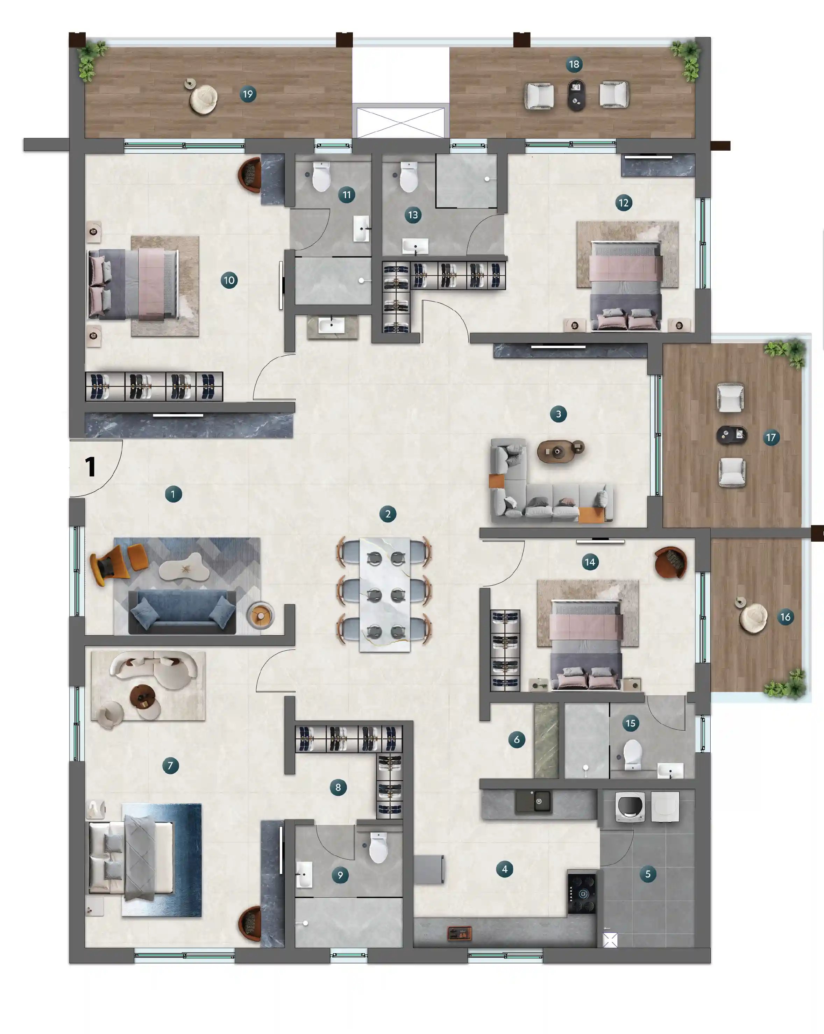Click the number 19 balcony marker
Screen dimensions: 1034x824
pyautogui.click(x=248, y=94)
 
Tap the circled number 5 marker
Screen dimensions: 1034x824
pyautogui.click(x=647, y=874)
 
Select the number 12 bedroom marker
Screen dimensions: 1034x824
pyautogui.click(x=623, y=203)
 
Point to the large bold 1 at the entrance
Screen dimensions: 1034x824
pyautogui.click(x=90, y=467)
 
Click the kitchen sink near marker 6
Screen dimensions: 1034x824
pyautogui.click(x=534, y=801)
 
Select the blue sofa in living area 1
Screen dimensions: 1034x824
pyautogui.click(x=182, y=612)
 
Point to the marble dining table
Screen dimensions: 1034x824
pyautogui.click(x=385, y=595)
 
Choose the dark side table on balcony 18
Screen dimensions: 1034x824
pyautogui.click(x=576, y=94)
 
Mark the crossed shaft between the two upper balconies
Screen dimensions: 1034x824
pyautogui.click(x=400, y=122)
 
